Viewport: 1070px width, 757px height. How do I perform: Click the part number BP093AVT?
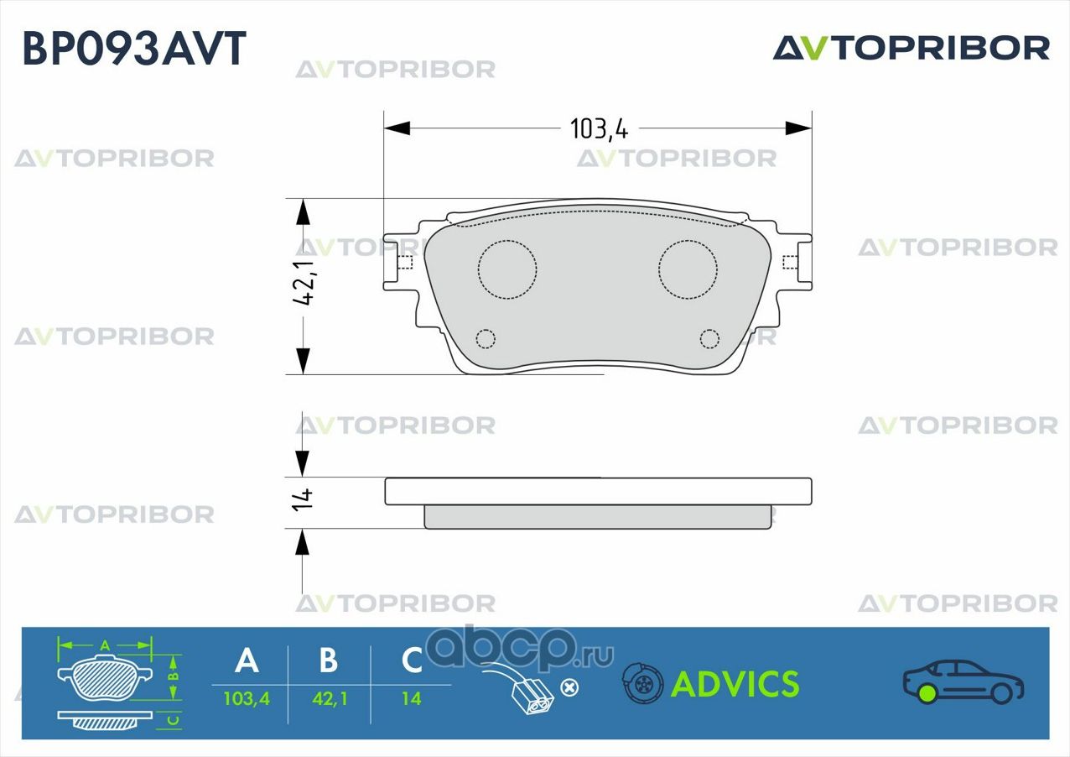(134, 48)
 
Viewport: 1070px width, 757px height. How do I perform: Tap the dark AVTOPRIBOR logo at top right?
(912, 48)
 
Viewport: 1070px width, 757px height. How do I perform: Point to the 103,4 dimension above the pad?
(599, 128)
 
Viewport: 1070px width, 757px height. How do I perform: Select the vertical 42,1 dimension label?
(303, 282)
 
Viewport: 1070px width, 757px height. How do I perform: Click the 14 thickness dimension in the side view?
(303, 499)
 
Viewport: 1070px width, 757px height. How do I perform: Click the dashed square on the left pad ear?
(406, 263)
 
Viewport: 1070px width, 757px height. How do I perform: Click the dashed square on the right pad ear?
(790, 263)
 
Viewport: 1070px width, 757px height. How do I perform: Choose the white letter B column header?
(329, 660)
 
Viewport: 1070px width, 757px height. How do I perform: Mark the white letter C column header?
(411, 660)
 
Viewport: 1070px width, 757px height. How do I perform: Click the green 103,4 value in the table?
(247, 699)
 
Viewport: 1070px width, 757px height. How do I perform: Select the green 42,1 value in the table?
(330, 699)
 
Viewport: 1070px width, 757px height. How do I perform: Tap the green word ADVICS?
(735, 684)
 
